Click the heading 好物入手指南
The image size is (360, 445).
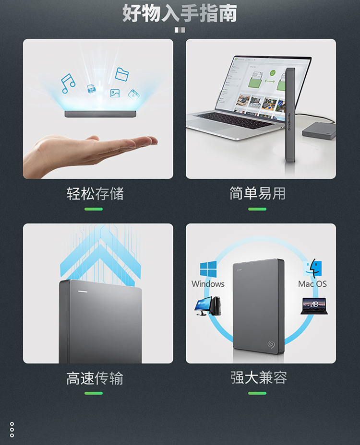180,13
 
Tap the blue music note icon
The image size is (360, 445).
68,83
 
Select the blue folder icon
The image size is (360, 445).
122,74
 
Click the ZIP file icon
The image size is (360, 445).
91,89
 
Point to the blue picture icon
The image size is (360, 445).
115,94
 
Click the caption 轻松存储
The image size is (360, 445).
95,194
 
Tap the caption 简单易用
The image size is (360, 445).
257,193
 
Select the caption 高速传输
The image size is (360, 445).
95,378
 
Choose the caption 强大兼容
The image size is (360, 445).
259,378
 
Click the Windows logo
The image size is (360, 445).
208,269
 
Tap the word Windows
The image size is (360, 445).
208,284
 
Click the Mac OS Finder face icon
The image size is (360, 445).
312,268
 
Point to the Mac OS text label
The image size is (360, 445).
312,284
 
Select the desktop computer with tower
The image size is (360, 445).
208,306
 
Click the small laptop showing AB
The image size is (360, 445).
314,306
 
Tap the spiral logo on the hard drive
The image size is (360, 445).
271,344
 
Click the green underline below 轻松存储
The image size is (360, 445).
94,209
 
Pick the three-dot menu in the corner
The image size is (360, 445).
12,430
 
